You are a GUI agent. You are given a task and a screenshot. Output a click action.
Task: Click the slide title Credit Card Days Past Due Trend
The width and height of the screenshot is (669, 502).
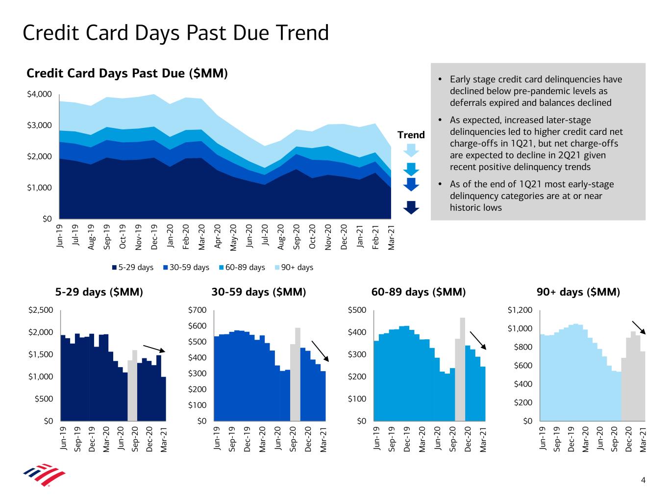pos(175,33)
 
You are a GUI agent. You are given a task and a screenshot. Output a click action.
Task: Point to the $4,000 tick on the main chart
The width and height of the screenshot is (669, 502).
pos(39,94)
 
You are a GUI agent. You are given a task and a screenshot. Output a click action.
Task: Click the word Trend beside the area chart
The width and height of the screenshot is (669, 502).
pos(411,135)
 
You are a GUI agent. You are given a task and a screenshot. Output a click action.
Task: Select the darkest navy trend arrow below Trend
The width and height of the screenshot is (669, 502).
pos(411,207)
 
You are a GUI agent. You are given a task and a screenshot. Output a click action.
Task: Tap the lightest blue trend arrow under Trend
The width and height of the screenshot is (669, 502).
pos(411,149)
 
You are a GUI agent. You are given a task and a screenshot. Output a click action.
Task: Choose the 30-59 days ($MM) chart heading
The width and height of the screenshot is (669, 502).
pos(258,292)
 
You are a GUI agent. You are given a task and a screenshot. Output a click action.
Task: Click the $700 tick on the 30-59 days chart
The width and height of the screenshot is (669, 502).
pos(197,310)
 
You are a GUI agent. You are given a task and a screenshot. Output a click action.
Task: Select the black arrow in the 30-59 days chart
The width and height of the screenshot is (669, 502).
pos(320,351)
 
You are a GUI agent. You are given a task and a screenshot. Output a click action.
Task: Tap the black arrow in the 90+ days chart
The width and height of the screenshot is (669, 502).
pos(639,327)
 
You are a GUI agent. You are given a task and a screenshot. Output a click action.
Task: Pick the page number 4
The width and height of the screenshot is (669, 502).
pos(643,480)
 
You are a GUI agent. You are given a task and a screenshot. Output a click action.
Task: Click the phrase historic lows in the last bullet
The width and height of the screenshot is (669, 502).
pos(475,208)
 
